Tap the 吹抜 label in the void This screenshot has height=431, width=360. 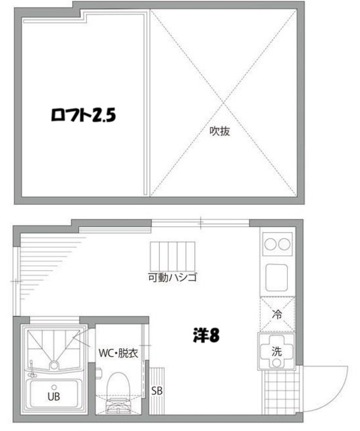[220, 131]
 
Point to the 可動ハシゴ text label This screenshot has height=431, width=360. [173, 277]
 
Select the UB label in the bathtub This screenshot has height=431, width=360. [53, 397]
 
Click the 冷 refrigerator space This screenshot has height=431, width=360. [277, 313]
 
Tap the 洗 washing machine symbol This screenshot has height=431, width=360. [277, 350]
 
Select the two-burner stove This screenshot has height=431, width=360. [277, 243]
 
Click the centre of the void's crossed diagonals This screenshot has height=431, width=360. [222, 102]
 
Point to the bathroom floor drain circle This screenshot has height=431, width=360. [53, 364]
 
